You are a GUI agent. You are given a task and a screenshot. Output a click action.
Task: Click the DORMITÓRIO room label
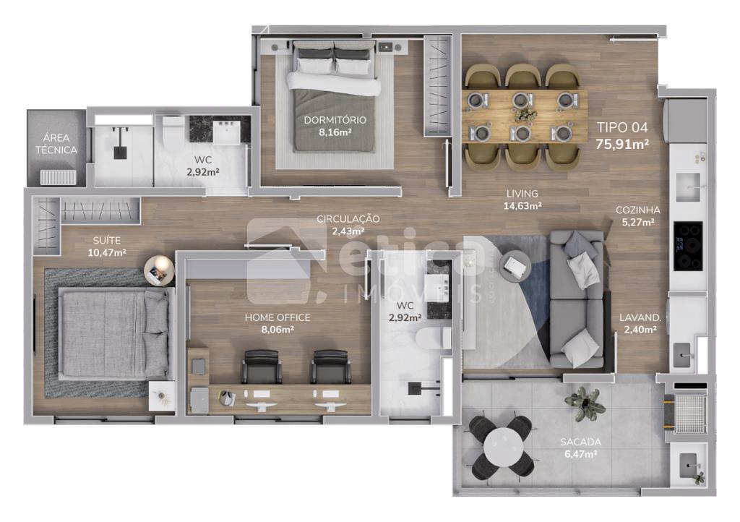coord(335,120)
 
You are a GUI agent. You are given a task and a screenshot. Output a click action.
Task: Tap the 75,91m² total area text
coord(622,144)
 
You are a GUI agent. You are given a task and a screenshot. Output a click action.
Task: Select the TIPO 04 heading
coord(622,127)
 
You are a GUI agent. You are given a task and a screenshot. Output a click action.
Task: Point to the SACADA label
coord(580,442)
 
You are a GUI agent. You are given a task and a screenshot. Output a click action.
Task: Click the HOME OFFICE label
coord(277,317)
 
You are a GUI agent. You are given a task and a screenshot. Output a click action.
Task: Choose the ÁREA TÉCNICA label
coord(56,144)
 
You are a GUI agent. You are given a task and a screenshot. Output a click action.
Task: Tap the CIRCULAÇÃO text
coord(348,218)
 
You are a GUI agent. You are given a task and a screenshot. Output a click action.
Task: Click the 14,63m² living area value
coord(522,206)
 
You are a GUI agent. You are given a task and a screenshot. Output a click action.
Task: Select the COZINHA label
coord(637,210)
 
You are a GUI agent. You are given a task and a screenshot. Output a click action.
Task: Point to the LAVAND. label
coord(640,317)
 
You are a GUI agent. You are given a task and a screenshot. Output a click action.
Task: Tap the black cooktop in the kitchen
coord(688,246)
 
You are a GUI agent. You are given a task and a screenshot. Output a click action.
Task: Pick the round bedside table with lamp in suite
coord(159,270)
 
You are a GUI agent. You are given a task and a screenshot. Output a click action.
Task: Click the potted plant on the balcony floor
coord(585,403)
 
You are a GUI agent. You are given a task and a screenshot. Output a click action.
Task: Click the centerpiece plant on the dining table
coord(525,114)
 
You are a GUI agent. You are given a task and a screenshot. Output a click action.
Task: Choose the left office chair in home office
coord(261,367)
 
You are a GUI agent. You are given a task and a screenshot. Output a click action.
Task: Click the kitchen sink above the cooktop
coord(688,187)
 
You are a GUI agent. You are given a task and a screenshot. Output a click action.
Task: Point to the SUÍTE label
coord(107,240)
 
